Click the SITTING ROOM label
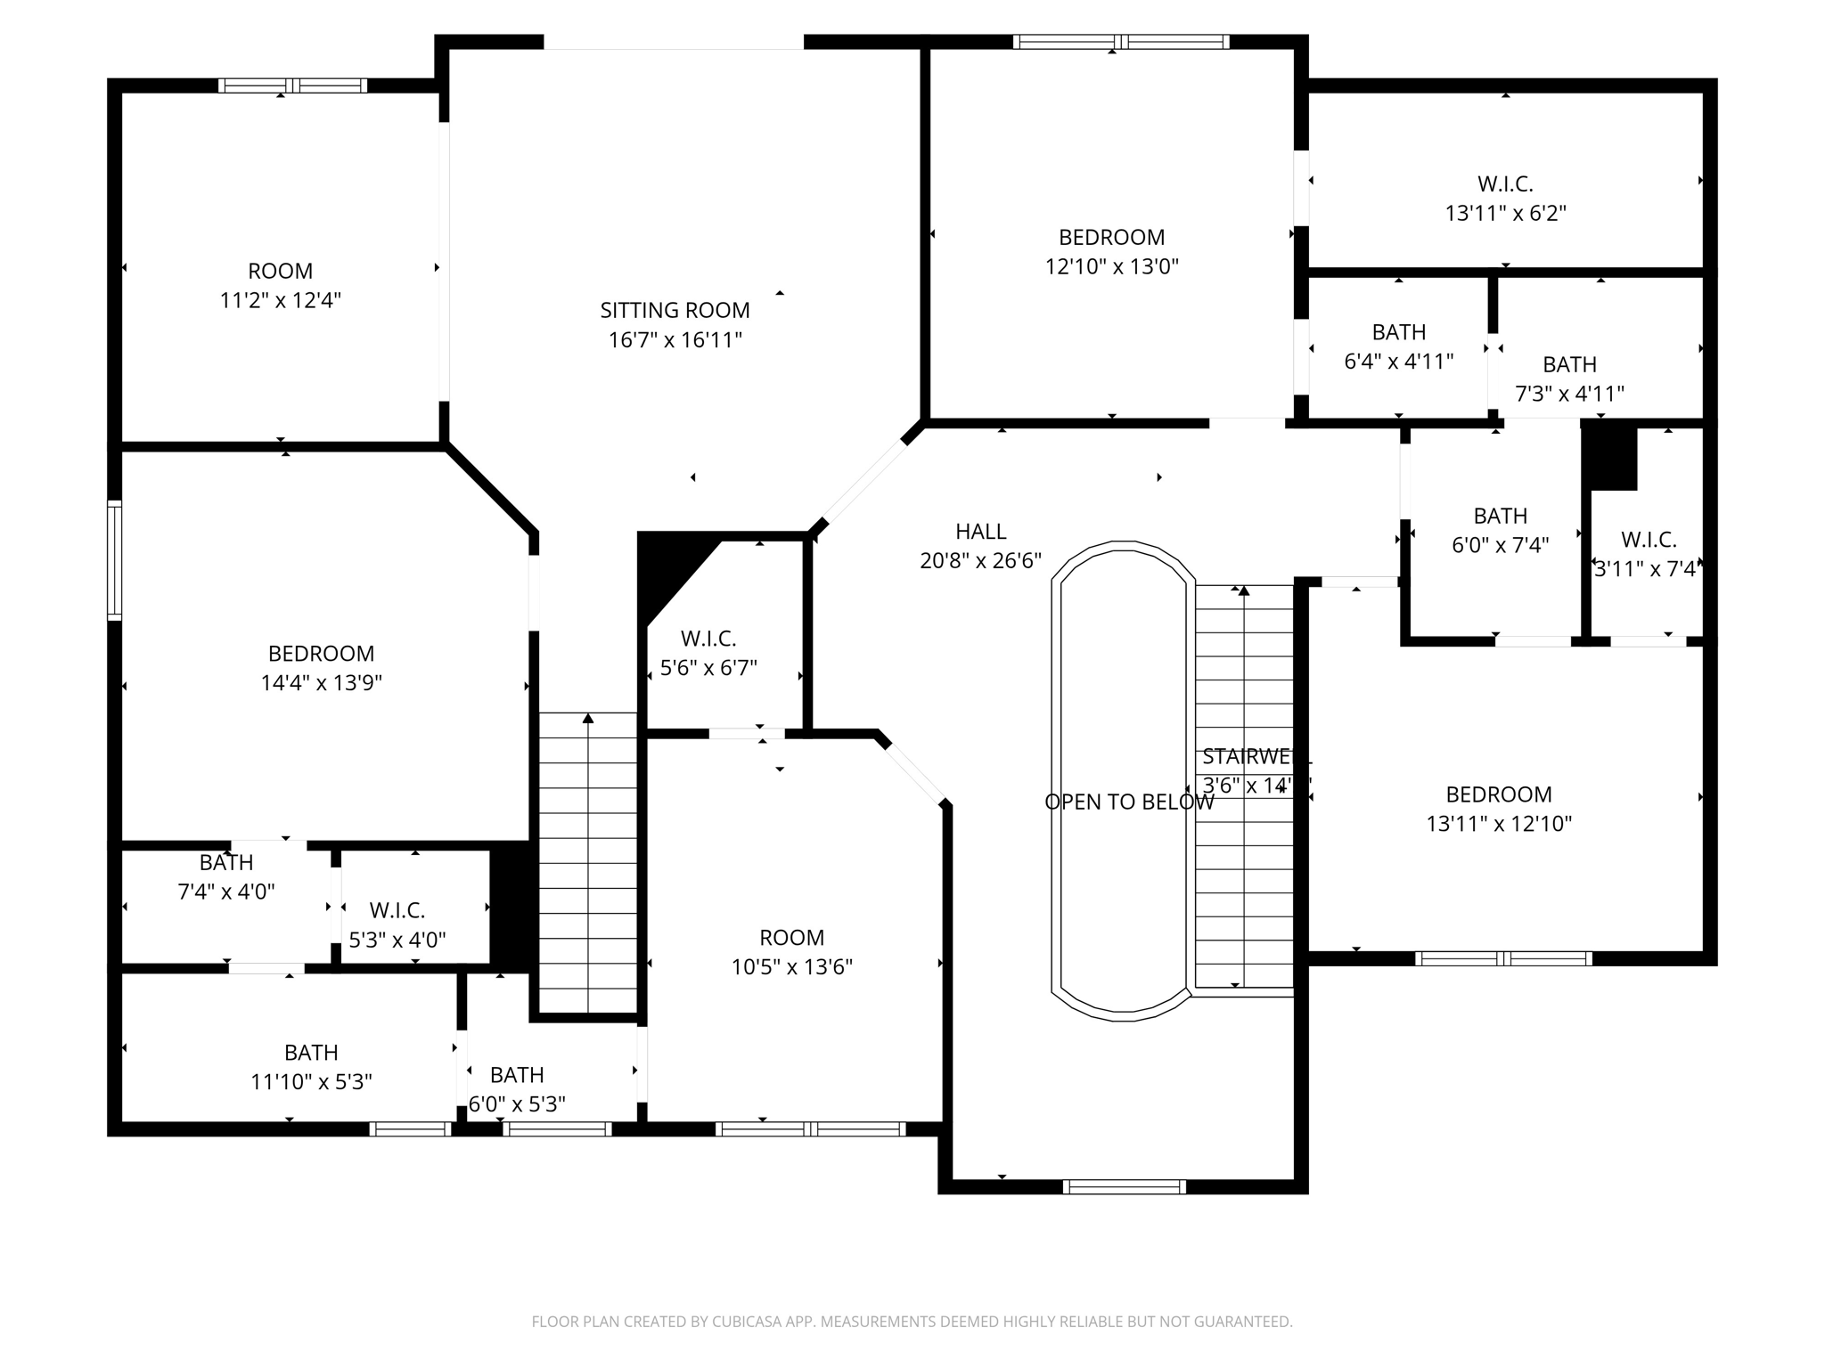[x=675, y=310]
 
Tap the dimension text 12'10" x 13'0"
[x=1111, y=266]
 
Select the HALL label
[x=980, y=532]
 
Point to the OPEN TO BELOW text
[x=1128, y=802]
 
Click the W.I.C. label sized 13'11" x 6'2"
[x=1505, y=183]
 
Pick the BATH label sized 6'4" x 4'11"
[x=1398, y=332]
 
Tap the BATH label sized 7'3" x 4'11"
[x=1569, y=364]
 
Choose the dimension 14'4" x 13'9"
[x=321, y=683]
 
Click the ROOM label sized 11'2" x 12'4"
[x=280, y=271]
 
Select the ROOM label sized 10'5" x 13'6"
[x=791, y=937]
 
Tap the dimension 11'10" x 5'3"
[x=311, y=1082]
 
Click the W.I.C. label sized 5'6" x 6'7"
[x=708, y=639]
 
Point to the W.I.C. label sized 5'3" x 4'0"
[x=397, y=910]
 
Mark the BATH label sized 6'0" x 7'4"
[x=1500, y=516]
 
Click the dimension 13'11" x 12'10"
[x=1499, y=824]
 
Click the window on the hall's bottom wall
[x=1125, y=1186]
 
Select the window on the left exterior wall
[x=114, y=560]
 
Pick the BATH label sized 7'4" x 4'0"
[x=226, y=862]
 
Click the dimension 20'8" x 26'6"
[x=980, y=561]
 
